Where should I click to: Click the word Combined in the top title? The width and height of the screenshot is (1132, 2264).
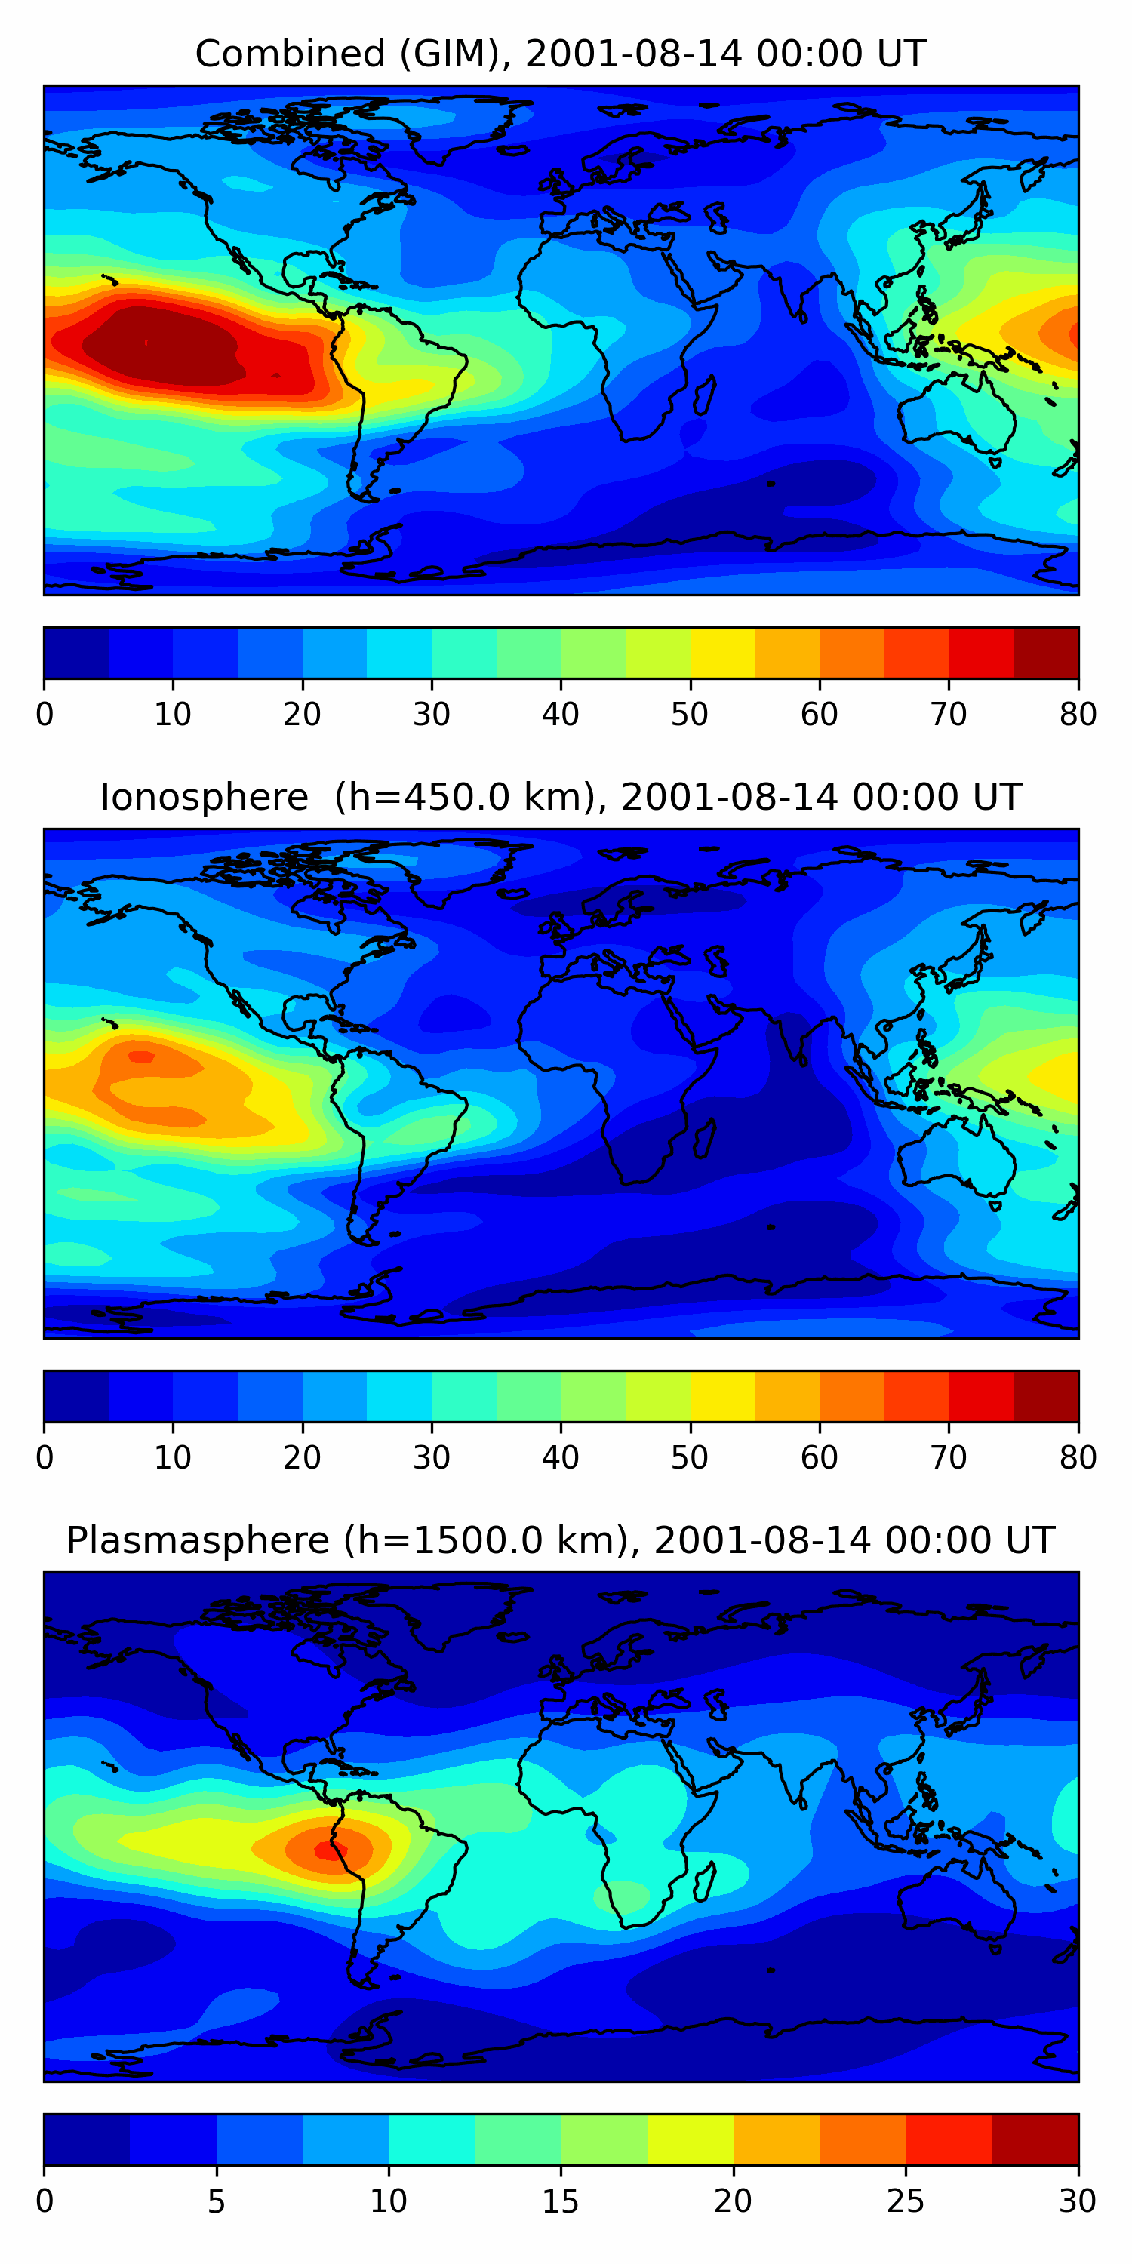tap(289, 54)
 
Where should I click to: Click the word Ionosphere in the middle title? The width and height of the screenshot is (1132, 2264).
tap(204, 798)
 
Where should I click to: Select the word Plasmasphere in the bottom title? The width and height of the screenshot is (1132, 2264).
tap(197, 1541)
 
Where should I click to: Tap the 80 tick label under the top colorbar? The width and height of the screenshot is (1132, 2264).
tap(1078, 715)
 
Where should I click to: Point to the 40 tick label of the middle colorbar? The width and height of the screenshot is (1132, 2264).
tap(560, 1457)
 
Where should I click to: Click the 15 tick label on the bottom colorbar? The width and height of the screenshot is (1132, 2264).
tap(560, 2201)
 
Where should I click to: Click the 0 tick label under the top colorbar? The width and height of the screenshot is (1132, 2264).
tap(45, 715)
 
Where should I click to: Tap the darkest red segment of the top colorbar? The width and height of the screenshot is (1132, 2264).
tap(1046, 653)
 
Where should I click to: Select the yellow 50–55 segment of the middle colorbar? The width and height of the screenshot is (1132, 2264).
tap(721, 1395)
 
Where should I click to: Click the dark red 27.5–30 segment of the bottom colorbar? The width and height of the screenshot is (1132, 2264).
tap(1035, 2139)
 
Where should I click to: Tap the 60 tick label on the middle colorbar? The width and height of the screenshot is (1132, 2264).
tap(818, 1457)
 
